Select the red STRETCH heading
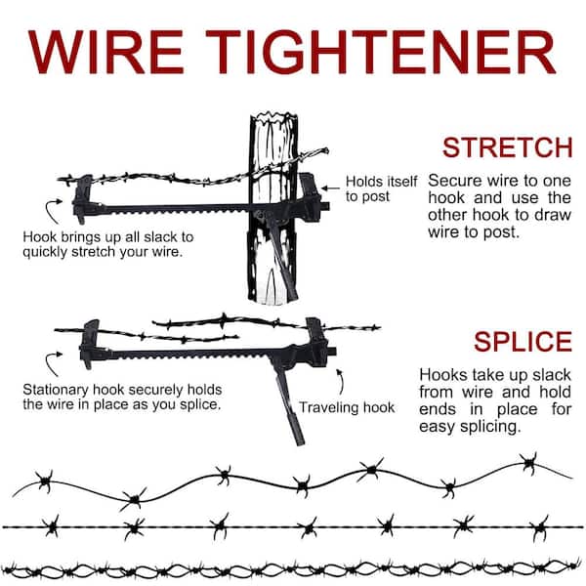[506, 147]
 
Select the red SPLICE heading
[523, 342]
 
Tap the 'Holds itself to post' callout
[381, 188]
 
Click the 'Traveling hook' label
[347, 406]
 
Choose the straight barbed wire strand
[293, 526]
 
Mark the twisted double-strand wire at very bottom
[293, 568]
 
